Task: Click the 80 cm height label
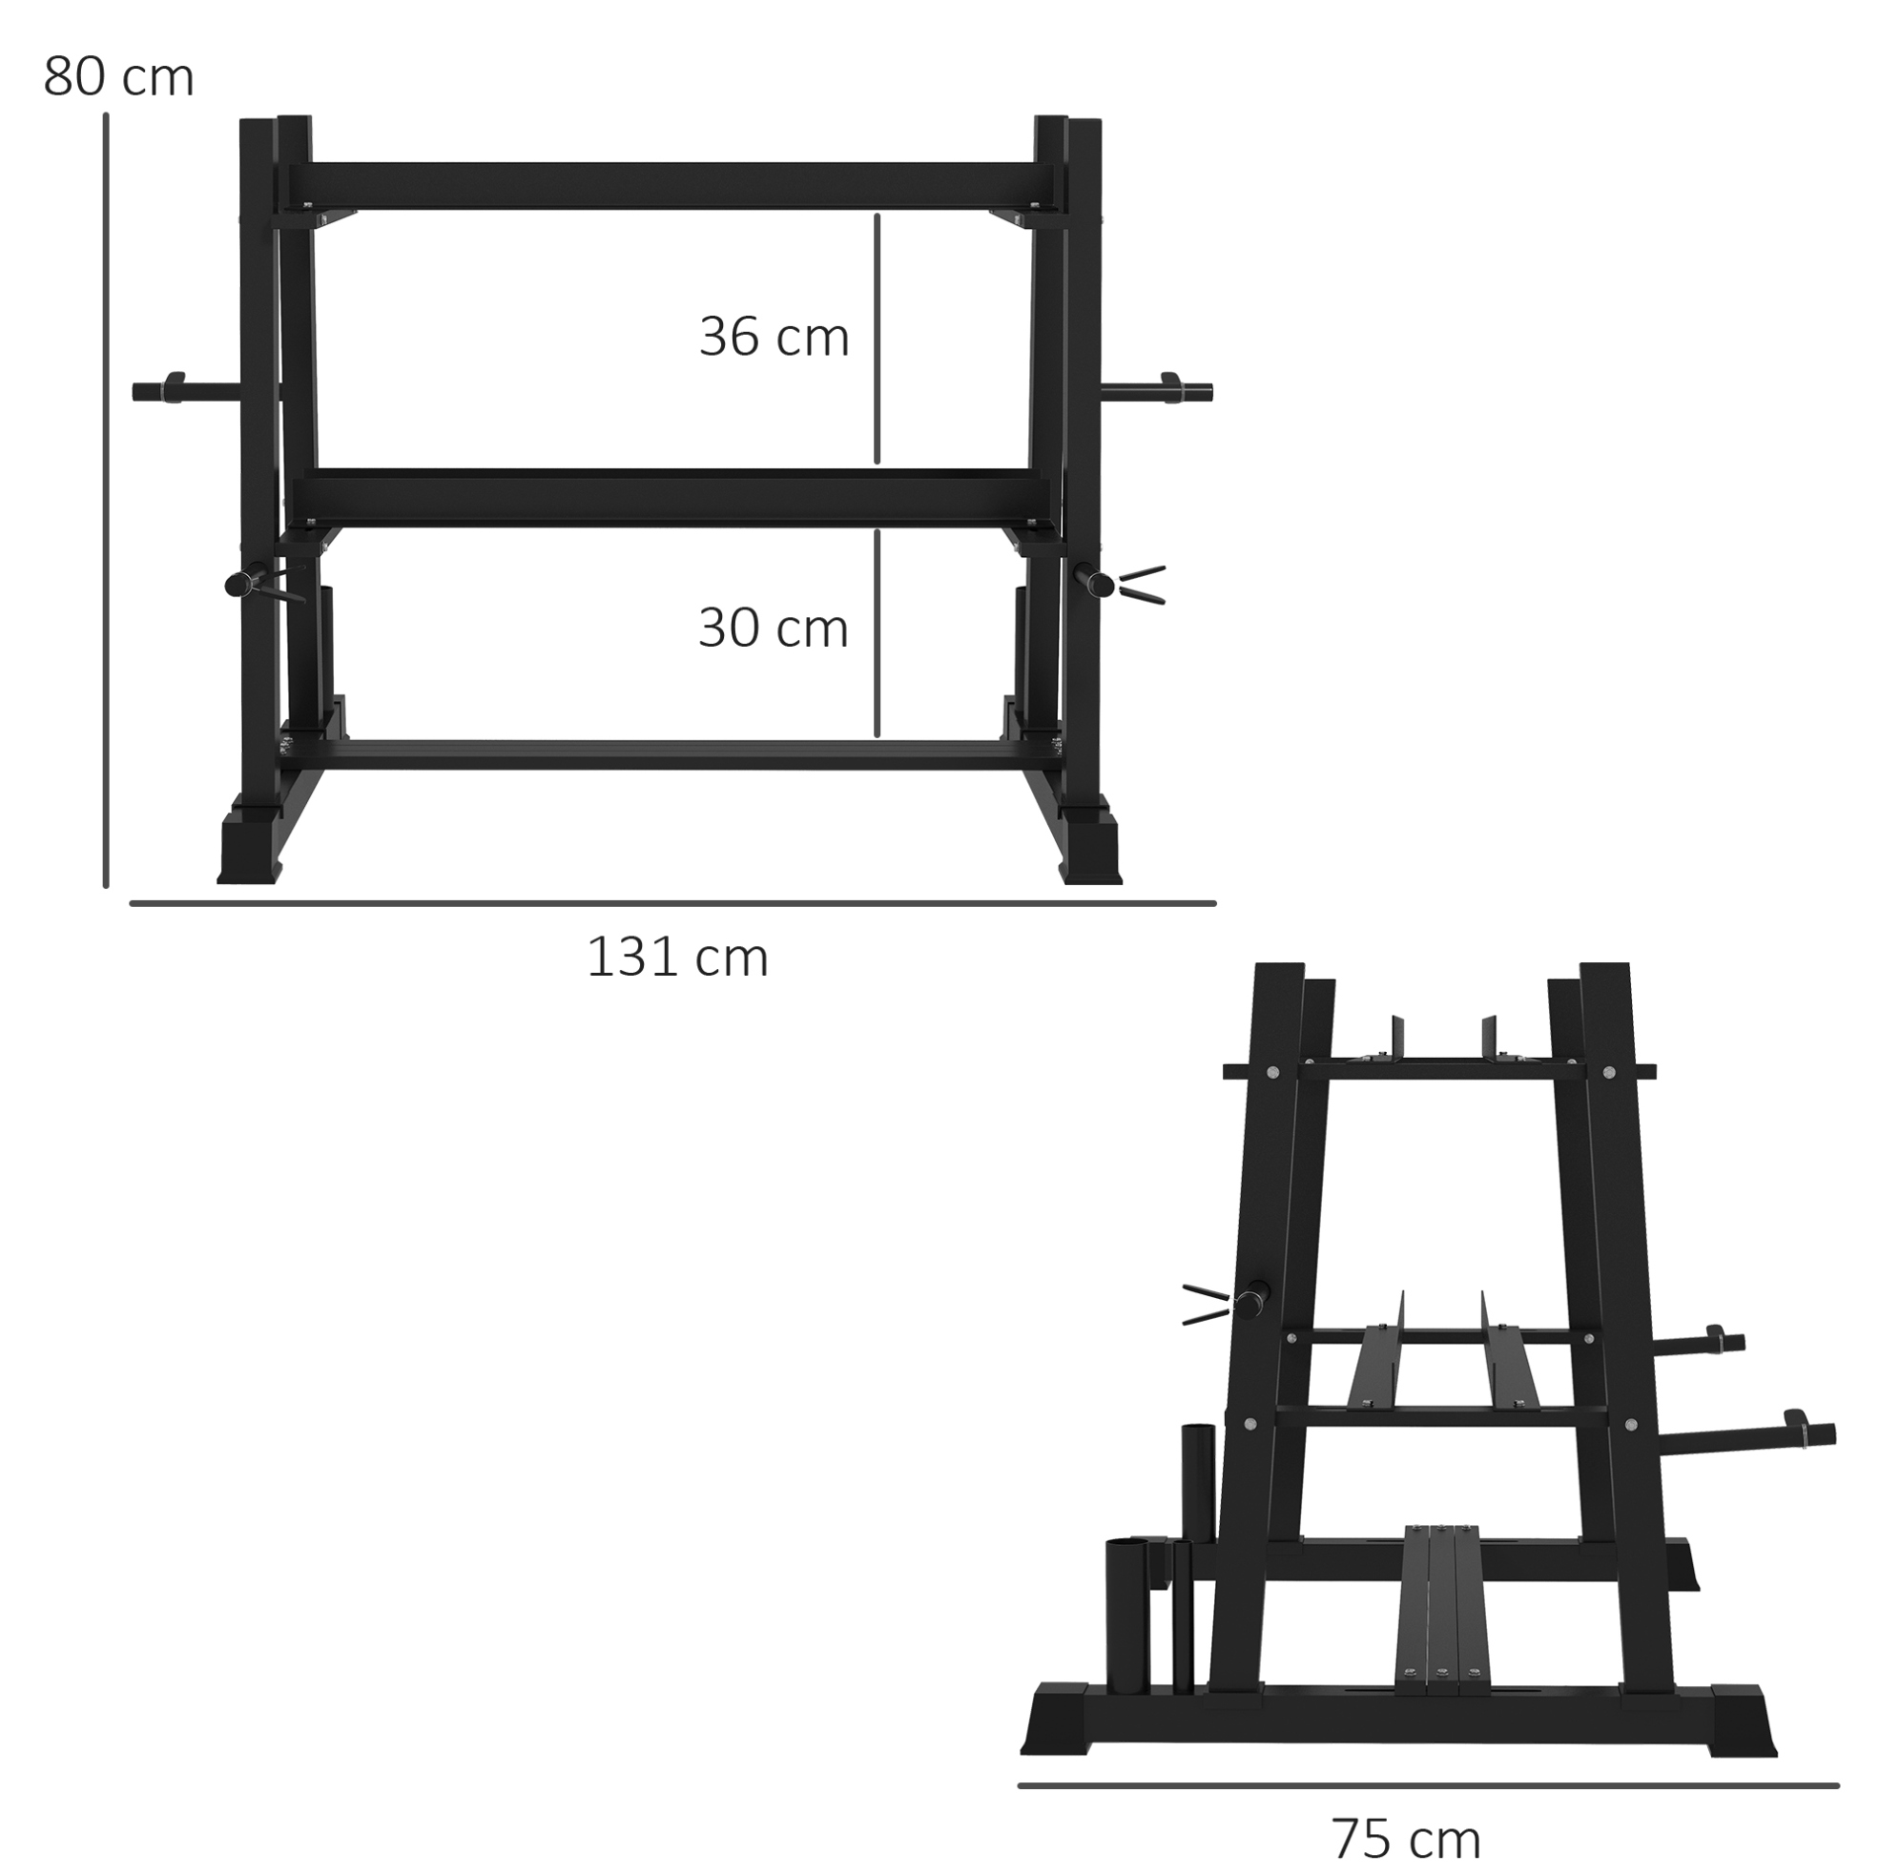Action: [118, 77]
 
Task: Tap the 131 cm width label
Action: [677, 957]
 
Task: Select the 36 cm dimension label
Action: [774, 338]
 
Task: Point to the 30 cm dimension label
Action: [774, 628]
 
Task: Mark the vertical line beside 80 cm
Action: [106, 501]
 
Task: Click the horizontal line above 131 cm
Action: [673, 903]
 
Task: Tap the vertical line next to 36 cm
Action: [878, 339]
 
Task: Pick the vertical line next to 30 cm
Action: [878, 633]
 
